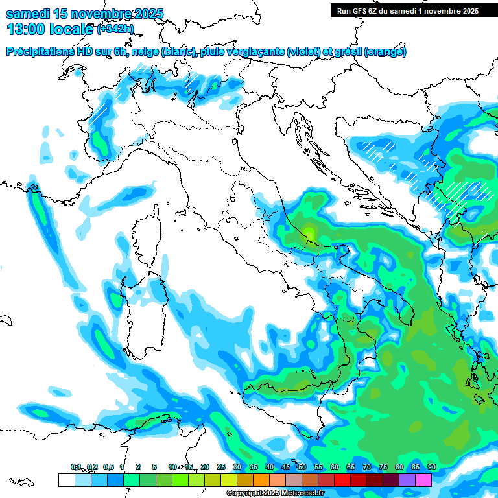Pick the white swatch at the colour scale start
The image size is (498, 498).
(x=66, y=480)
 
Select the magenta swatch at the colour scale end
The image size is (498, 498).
(x=423, y=480)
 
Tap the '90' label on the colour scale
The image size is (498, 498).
(x=431, y=467)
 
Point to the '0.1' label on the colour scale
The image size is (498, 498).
(x=76, y=467)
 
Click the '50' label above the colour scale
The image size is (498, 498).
(x=302, y=467)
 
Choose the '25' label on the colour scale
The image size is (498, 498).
(x=220, y=467)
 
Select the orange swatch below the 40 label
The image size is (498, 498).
(x=261, y=480)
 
